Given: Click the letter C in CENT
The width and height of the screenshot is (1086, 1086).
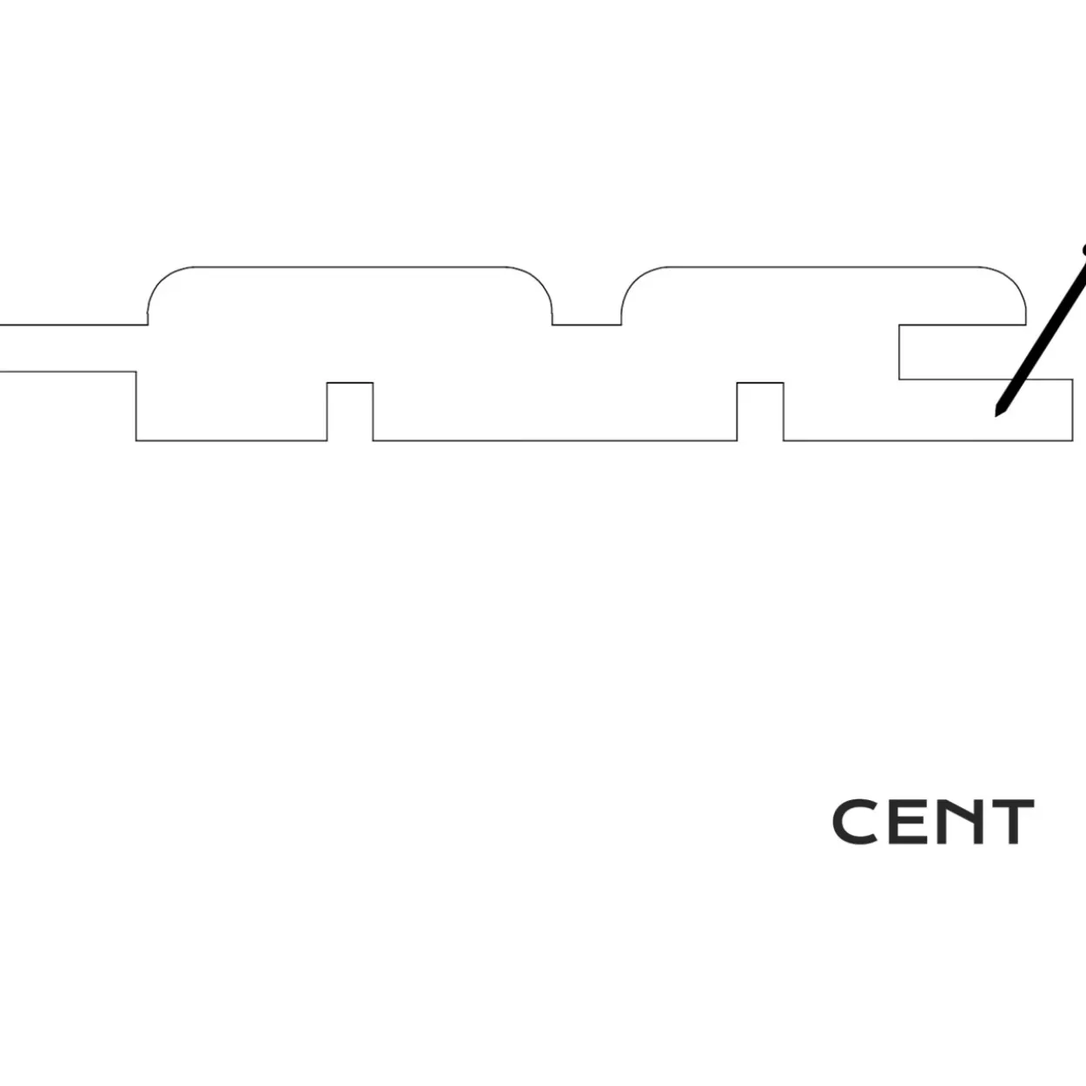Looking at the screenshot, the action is [x=854, y=822].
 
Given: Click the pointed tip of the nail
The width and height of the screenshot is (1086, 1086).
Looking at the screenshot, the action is [x=996, y=416].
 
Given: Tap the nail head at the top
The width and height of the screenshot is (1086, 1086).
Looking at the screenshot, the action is [x=1083, y=250].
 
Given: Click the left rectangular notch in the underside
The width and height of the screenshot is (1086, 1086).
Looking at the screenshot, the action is [x=350, y=412].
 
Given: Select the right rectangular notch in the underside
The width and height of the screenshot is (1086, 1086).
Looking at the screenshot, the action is [x=760, y=412].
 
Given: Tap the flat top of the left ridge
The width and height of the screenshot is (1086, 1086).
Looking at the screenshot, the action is [x=350, y=267].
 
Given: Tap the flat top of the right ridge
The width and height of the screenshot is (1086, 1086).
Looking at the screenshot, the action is [x=824, y=267].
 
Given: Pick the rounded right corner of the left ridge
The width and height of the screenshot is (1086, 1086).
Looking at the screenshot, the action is [x=538, y=281].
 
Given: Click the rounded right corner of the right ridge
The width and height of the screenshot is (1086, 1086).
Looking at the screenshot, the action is [x=1011, y=281].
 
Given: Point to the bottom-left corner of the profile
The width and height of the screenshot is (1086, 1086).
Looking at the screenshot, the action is [x=136, y=440].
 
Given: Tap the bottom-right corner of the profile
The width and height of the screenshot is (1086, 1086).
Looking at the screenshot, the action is [x=1072, y=440].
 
